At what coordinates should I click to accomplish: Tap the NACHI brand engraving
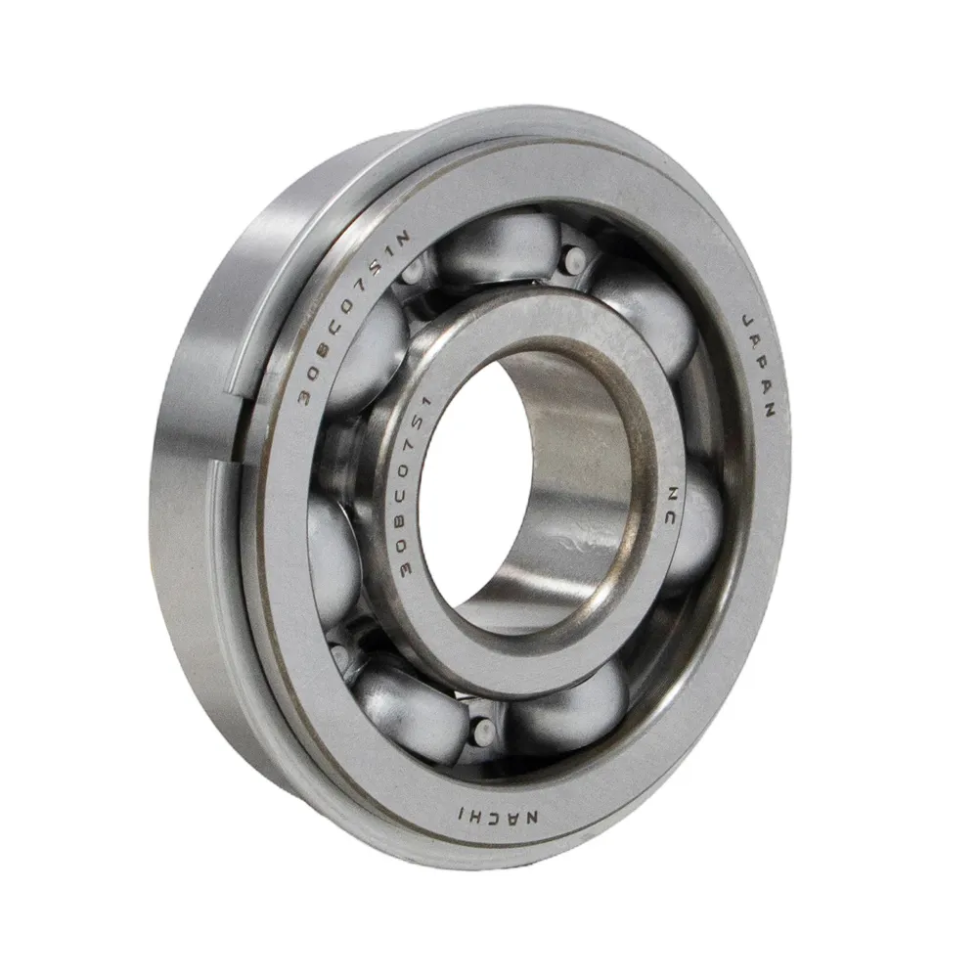498,816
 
